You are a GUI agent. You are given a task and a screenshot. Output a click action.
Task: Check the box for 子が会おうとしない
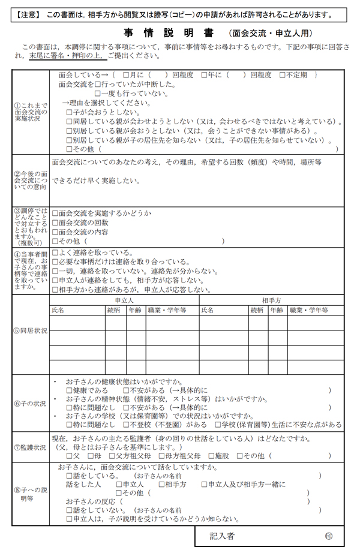coord(69,112)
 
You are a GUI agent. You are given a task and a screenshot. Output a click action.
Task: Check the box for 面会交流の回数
coord(55,223)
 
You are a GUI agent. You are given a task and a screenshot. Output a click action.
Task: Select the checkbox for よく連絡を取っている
coord(55,253)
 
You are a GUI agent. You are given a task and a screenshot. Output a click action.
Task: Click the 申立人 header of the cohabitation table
coord(124,299)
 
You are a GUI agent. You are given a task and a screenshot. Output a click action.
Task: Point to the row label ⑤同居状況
coord(30,331)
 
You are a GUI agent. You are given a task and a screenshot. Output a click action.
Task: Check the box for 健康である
coord(69,390)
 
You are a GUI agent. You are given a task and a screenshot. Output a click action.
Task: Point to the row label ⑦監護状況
coord(30,447)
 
